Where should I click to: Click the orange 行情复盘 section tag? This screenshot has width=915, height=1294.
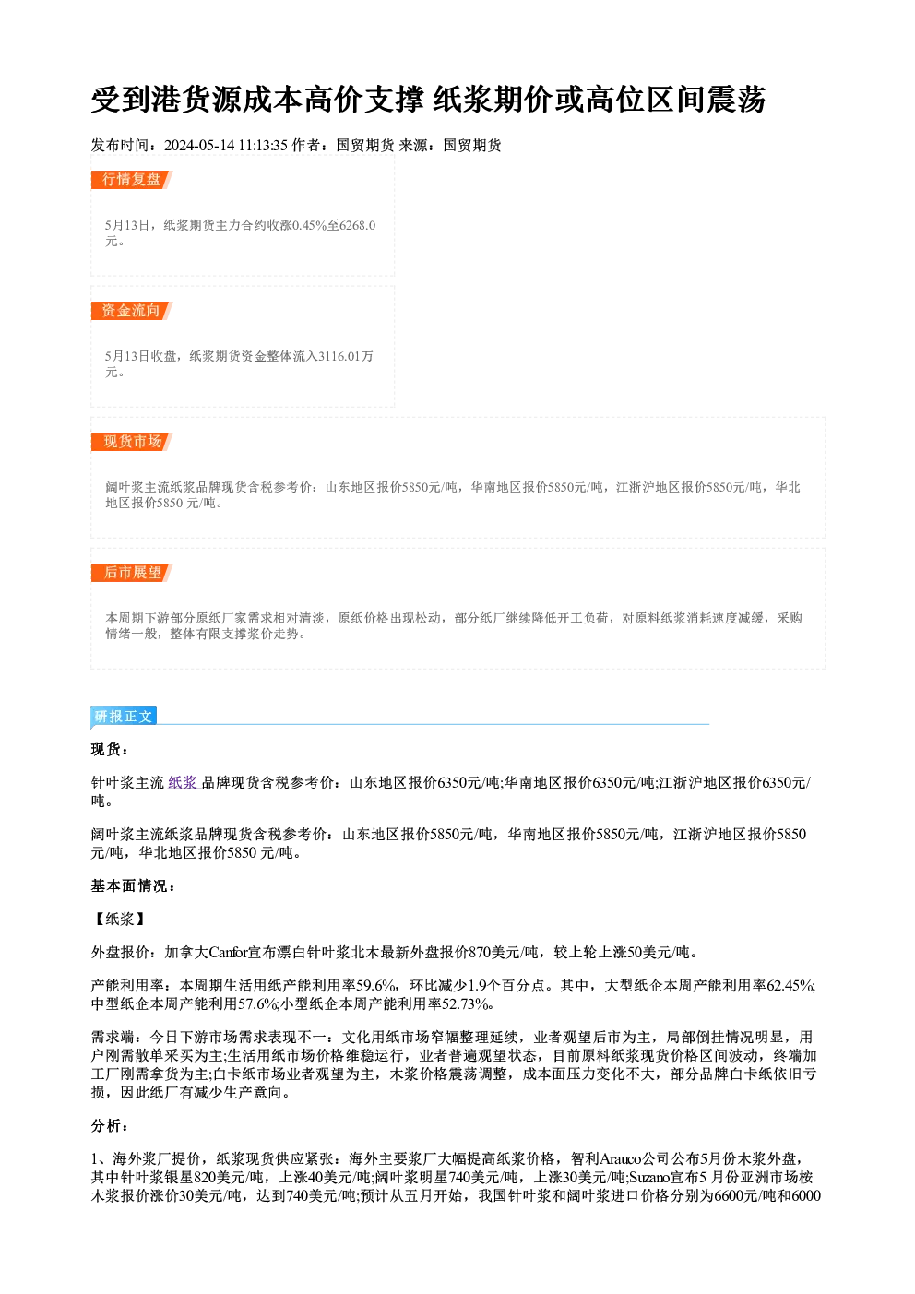[x=132, y=180]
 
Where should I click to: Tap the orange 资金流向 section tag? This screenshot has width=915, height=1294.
[x=132, y=311]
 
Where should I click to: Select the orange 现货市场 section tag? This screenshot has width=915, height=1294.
[x=132, y=442]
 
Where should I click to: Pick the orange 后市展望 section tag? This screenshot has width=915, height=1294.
[x=132, y=573]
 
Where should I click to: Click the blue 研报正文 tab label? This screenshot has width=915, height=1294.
[x=124, y=717]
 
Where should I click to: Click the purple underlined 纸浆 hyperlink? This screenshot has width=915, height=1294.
[x=184, y=783]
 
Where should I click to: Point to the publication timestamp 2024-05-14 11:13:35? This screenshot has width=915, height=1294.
[x=226, y=146]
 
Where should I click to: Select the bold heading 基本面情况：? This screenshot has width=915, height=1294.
[x=133, y=885]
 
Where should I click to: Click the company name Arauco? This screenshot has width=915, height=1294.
[x=621, y=1159]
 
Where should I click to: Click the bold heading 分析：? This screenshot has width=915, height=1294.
[x=109, y=1126]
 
